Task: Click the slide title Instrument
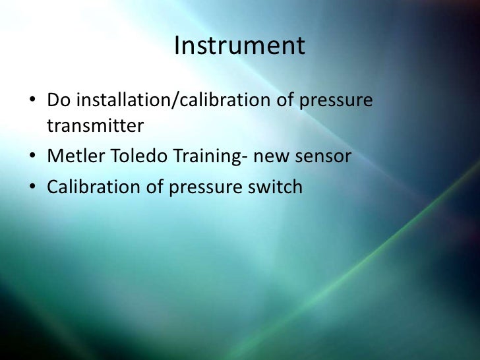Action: pyautogui.click(x=240, y=46)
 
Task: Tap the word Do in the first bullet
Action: pyautogui.click(x=57, y=102)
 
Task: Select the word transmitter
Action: pyautogui.click(x=95, y=125)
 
